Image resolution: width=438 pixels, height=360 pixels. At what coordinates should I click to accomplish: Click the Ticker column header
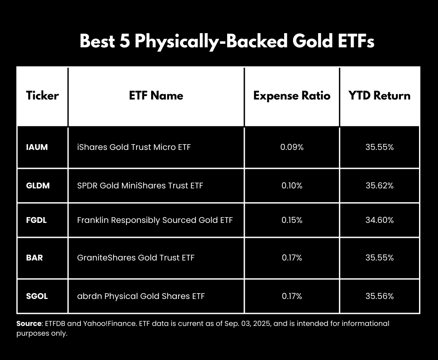pos(42,96)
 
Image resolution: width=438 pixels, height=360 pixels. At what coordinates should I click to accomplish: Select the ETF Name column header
pos(156,96)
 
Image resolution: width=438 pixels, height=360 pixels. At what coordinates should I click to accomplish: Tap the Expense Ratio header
pos(292,96)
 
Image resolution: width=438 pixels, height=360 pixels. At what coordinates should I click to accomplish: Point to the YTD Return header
pos(379,96)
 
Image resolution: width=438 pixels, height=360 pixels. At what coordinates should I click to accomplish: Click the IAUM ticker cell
pos(37,147)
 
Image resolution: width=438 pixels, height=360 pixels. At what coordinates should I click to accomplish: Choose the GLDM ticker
pos(38,186)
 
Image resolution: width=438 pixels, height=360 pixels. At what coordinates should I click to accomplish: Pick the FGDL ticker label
pos(36,220)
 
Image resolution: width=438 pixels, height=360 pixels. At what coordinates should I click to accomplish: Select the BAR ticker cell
pos(34,257)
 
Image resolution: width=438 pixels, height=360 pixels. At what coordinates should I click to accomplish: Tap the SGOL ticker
pos(37,296)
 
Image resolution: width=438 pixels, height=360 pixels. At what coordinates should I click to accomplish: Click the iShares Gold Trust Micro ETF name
pos(133,147)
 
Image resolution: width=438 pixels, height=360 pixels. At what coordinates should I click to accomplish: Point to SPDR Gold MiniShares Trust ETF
pos(140,186)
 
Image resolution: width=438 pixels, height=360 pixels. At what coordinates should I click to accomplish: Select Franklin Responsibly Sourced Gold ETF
pos(155,220)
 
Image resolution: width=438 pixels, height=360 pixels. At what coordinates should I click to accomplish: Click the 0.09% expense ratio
pos(292,147)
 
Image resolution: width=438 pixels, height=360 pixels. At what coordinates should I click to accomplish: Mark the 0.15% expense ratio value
pos(292,220)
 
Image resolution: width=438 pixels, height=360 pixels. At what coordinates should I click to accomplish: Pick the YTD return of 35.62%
pos(379,186)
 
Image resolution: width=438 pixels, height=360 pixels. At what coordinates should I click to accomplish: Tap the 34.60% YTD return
pos(379,220)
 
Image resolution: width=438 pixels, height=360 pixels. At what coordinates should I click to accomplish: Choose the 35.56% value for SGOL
pos(379,296)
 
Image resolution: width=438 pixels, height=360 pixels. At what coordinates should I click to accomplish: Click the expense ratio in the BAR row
pos(292,257)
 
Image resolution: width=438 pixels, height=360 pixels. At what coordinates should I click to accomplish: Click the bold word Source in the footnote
pos(29,323)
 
